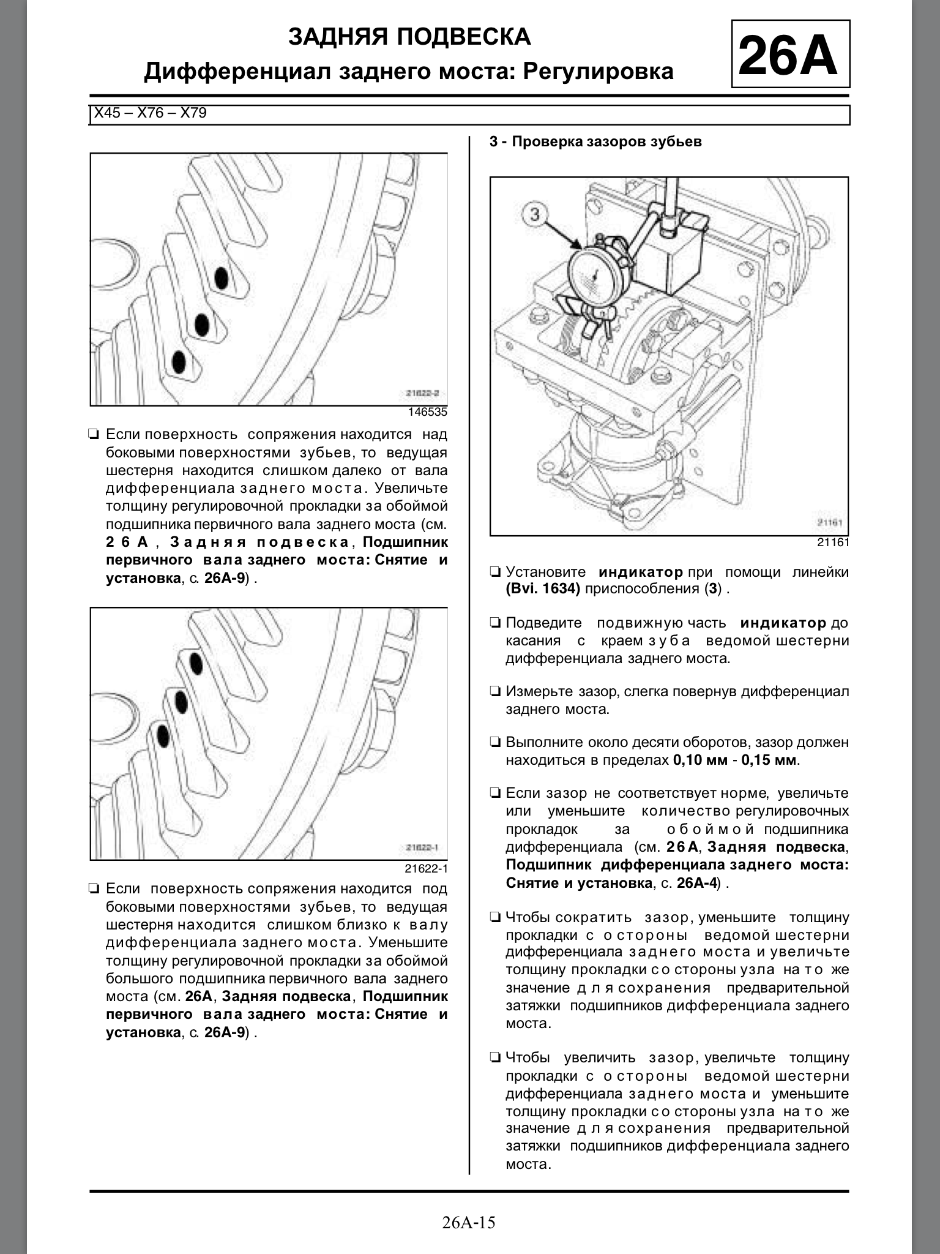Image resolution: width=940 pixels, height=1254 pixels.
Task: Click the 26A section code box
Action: coord(790,54)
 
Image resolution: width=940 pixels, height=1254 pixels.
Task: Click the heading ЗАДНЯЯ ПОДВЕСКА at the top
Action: coord(409,37)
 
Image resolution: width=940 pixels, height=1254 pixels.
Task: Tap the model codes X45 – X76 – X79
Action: coord(151,113)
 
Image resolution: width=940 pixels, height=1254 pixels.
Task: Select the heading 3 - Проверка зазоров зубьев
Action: coord(595,142)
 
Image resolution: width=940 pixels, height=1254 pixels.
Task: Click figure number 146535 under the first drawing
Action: coord(428,412)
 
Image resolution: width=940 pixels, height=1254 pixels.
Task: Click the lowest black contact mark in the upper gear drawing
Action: coord(179,362)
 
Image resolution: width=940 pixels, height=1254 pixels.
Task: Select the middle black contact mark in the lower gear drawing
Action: coord(181,702)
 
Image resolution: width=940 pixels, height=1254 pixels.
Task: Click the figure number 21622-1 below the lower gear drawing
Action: coord(426,868)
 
